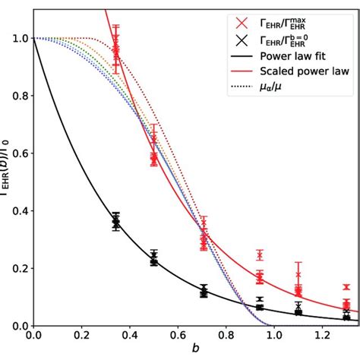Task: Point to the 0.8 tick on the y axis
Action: pos(16,96)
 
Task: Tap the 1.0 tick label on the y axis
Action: pos(16,38)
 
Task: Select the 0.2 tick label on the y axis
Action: pos(16,269)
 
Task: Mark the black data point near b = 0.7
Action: pos(204,292)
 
